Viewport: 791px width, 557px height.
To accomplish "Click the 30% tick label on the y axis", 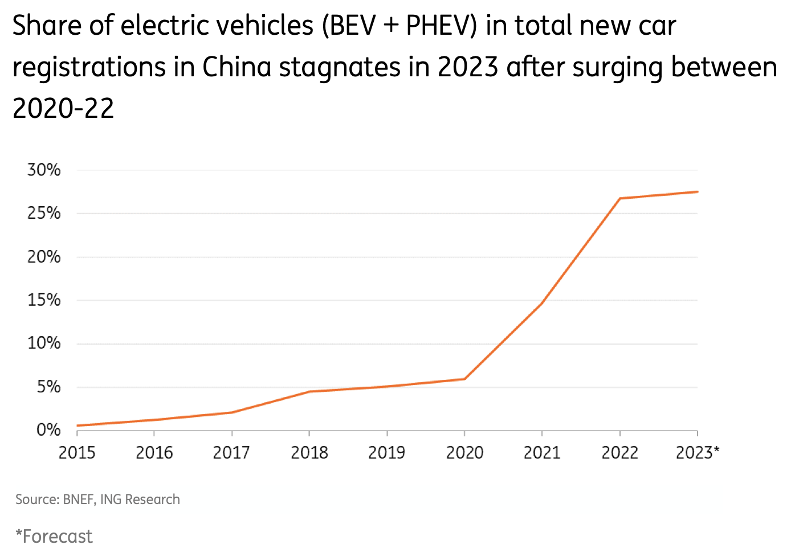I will pyautogui.click(x=44, y=170).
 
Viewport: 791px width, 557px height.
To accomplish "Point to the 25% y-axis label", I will pyautogui.click(x=44, y=213).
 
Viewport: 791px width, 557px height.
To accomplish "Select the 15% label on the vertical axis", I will pyautogui.click(x=44, y=300).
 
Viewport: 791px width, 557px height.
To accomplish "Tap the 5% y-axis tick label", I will pyautogui.click(x=48, y=387).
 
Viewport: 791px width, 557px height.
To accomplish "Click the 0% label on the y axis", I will pyautogui.click(x=48, y=430).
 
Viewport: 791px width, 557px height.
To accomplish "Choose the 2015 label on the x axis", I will pyautogui.click(x=77, y=453).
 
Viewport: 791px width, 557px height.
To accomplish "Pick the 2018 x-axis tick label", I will pyautogui.click(x=309, y=453).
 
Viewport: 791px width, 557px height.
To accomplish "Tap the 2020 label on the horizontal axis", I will pyautogui.click(x=464, y=453).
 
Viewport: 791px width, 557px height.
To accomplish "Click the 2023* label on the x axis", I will pyautogui.click(x=697, y=453).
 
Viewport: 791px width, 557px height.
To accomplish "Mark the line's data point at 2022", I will pyautogui.click(x=620, y=198).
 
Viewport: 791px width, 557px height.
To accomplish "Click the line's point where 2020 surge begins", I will pyautogui.click(x=465, y=379).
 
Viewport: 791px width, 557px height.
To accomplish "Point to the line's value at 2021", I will pyautogui.click(x=542, y=303).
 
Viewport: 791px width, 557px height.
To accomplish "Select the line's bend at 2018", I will pyautogui.click(x=309, y=391).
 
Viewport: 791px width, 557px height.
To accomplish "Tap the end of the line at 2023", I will pyautogui.click(x=697, y=192).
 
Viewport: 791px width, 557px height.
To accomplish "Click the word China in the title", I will pyautogui.click(x=237, y=67).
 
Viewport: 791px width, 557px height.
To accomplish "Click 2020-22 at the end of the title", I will pyautogui.click(x=63, y=108).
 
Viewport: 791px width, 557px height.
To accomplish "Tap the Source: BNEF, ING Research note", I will pyautogui.click(x=97, y=499).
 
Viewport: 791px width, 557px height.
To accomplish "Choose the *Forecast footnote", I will pyautogui.click(x=54, y=536).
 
